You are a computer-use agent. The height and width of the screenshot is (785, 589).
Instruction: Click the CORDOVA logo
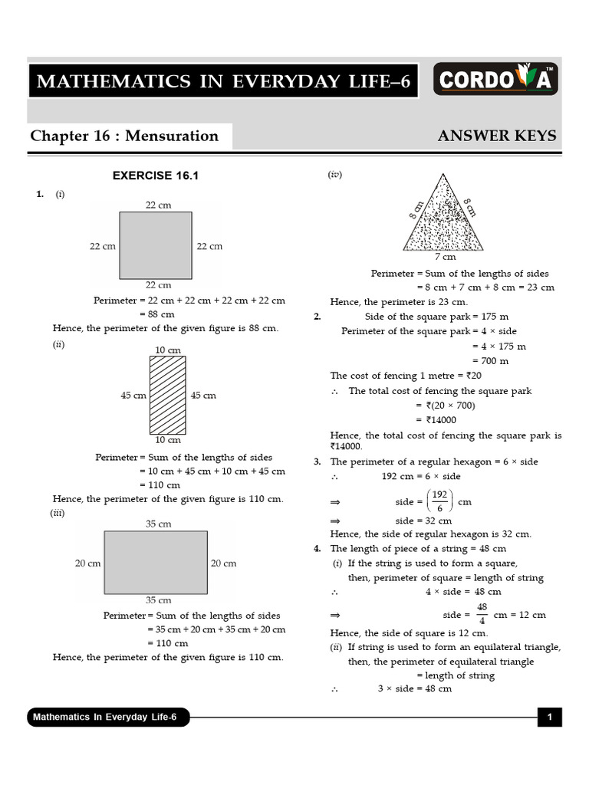tap(496, 79)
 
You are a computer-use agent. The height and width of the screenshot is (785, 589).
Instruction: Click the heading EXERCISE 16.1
tap(156, 176)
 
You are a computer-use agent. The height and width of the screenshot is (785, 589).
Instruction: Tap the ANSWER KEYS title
tap(497, 136)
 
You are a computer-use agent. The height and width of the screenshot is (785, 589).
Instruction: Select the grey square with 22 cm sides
tap(156, 245)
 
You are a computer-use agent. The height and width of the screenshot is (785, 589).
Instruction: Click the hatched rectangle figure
tap(168, 396)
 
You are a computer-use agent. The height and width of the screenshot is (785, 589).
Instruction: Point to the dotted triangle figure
tap(444, 215)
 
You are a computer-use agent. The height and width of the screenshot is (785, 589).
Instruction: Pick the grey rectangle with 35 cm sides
tap(156, 562)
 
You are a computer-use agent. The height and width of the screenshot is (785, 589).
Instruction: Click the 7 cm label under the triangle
tap(445, 258)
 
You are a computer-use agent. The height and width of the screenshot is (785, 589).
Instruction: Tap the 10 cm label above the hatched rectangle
tap(168, 350)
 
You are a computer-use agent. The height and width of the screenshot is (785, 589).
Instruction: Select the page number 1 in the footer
tap(550, 718)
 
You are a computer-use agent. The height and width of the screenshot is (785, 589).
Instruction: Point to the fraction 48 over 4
tap(482, 614)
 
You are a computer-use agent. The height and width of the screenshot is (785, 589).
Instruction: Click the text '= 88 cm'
tap(156, 314)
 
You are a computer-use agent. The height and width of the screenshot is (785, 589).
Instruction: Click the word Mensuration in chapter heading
tap(172, 136)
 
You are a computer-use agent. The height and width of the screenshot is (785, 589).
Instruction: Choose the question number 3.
tap(317, 461)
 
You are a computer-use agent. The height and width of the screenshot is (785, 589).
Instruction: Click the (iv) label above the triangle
tap(335, 175)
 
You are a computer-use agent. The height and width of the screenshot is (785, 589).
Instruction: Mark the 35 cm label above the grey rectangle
tap(158, 524)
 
